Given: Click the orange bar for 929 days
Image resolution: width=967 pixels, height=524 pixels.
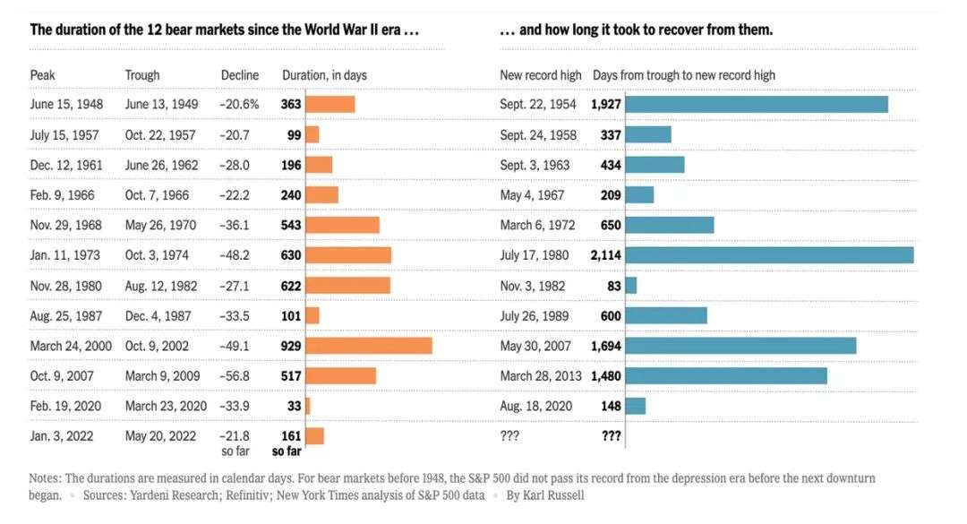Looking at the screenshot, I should coord(369,346).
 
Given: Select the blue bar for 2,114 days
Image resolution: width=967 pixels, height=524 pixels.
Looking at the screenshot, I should coord(770,255).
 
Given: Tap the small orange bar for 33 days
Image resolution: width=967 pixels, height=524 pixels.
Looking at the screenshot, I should coord(308,406).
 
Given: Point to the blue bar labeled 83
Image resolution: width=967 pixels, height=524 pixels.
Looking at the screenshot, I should coord(631,286).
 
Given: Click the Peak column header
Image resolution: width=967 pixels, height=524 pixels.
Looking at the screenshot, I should coord(43,75).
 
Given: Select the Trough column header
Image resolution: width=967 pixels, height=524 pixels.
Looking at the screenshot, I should coord(142,75).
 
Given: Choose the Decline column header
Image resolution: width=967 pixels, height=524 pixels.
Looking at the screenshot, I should coord(240,75).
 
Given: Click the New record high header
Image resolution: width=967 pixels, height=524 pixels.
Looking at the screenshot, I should coord(541,75).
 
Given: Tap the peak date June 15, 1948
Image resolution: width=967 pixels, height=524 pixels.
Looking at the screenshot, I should coord(67,104).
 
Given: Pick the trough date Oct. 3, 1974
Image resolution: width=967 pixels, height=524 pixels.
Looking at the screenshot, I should coord(157,255).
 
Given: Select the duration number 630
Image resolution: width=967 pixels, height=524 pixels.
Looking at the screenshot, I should coord(291,255).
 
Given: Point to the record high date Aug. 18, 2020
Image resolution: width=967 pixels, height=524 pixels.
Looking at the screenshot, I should coord(537,406).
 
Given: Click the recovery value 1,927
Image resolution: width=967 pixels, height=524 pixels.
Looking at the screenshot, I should coord(606,104).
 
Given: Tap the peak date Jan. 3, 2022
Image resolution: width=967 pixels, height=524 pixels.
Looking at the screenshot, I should coord(63,436).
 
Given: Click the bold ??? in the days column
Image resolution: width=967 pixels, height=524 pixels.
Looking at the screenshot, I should coord(612,436).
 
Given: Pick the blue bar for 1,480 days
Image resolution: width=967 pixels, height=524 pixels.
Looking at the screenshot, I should coord(726,375).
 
